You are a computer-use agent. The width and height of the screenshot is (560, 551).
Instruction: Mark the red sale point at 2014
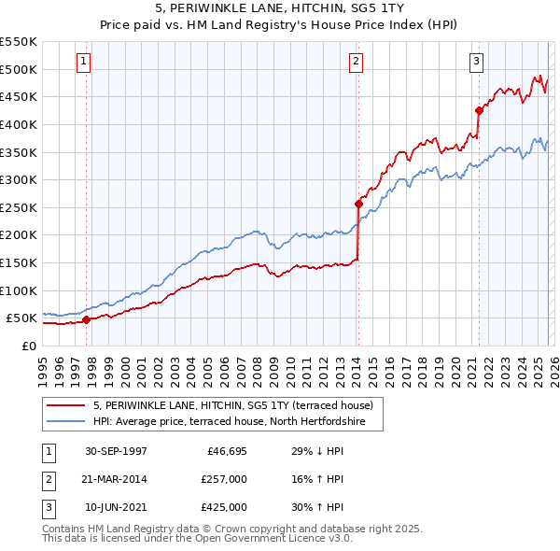coord(358,203)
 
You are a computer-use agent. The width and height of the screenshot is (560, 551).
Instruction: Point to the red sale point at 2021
coord(479,110)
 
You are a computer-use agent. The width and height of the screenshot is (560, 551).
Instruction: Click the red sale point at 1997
coord(87,319)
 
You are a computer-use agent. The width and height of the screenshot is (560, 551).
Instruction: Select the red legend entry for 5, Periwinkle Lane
coord(233,405)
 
